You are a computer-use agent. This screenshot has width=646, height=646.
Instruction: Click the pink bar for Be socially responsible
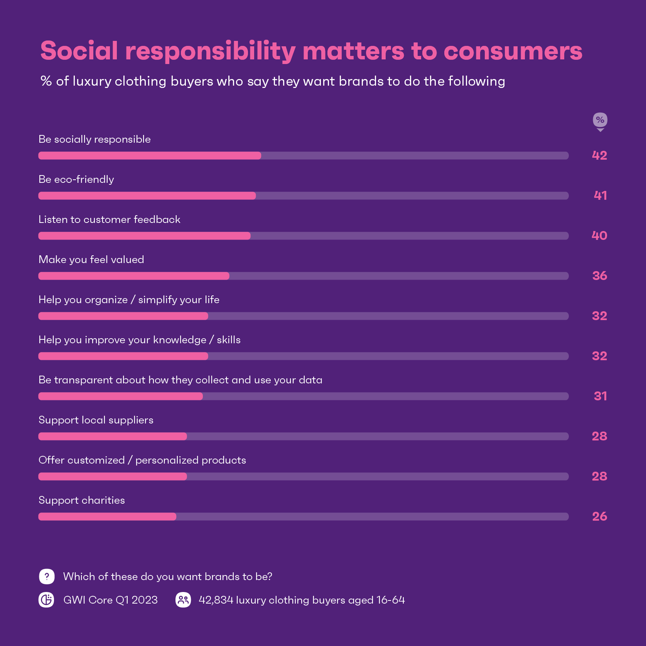[150, 155]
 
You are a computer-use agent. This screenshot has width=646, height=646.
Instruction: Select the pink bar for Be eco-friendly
[147, 196]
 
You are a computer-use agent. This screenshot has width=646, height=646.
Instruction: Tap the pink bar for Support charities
[107, 516]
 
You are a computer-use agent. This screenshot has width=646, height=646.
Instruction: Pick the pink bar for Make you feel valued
[134, 276]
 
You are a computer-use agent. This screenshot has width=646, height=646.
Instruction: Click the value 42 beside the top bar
[599, 155]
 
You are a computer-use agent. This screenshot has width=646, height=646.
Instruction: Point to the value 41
[600, 196]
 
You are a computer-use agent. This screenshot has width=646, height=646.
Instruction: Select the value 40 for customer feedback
[599, 236]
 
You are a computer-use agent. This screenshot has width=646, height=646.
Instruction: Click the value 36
[599, 276]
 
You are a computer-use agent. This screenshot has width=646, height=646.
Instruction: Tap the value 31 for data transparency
[600, 396]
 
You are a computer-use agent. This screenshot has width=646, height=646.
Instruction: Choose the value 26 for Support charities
[599, 516]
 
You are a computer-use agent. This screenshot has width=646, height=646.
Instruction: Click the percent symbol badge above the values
[600, 120]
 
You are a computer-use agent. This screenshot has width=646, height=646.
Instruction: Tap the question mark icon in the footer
[47, 577]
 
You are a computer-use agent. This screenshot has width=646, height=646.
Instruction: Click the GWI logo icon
[47, 600]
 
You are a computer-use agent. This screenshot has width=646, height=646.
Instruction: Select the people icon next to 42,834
[183, 600]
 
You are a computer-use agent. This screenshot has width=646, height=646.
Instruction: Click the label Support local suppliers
[96, 420]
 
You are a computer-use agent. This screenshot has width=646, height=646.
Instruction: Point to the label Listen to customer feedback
[110, 219]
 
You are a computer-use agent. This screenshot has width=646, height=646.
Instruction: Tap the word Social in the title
[79, 51]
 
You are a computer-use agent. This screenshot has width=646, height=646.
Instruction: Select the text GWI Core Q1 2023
[110, 600]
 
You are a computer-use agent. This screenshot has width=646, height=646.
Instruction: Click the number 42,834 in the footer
[216, 600]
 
